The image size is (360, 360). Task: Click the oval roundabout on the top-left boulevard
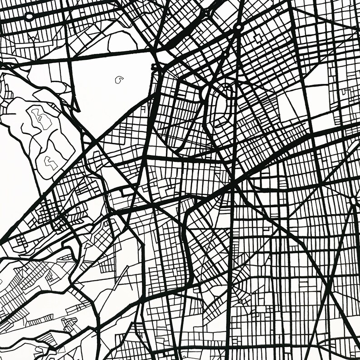pyautogui.click(x=29, y=17)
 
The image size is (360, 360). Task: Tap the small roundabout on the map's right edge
pyautogui.click(x=353, y=200)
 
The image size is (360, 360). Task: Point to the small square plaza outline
pyautogui.click(x=259, y=38)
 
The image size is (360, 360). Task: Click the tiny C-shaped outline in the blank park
pyautogui.click(x=119, y=80)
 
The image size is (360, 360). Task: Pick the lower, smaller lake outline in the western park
pyautogui.click(x=49, y=162)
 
